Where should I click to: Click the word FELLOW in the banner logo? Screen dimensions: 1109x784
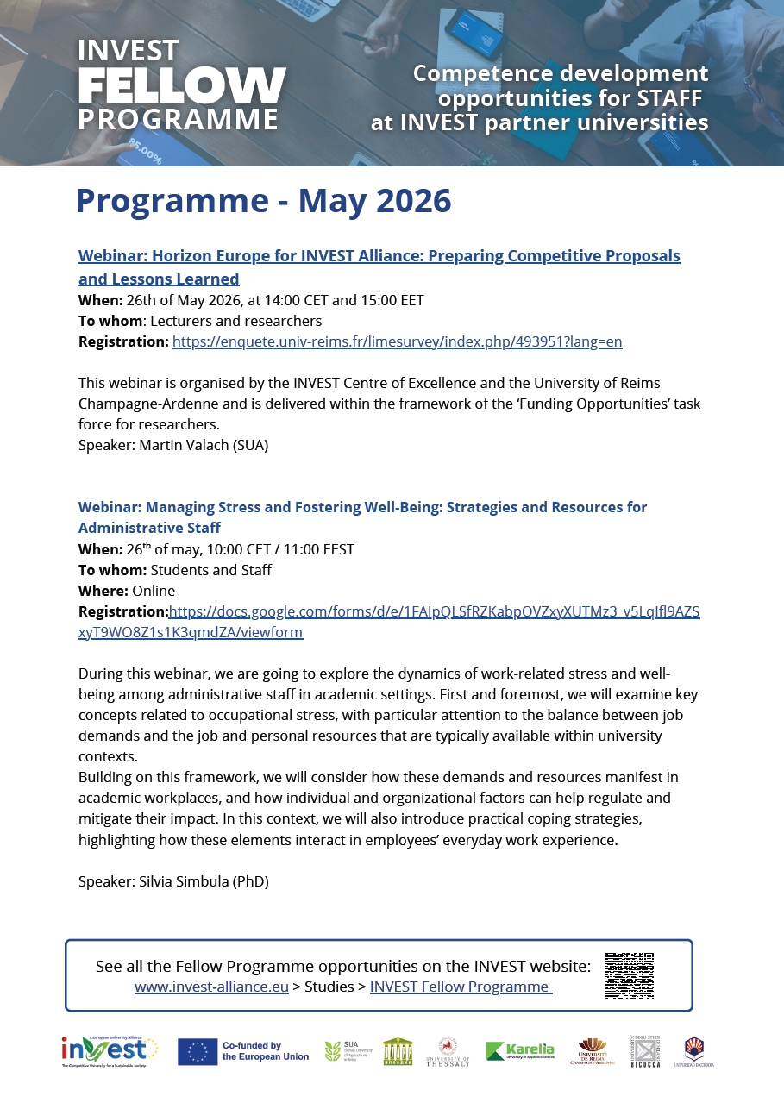[182, 85]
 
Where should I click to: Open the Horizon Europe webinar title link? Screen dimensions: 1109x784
[379, 256]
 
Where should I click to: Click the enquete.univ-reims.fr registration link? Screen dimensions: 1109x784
[397, 341]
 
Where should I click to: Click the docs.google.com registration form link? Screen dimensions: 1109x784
[434, 612]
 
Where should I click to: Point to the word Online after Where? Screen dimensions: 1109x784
[154, 591]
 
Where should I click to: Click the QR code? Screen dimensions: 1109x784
[629, 976]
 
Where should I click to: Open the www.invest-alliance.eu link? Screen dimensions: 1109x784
[211, 987]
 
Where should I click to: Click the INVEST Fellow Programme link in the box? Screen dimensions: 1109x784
[461, 987]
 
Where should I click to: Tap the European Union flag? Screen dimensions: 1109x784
[197, 1051]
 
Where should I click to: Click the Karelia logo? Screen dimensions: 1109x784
[519, 1050]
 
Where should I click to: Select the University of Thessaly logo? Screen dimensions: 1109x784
[448, 1051]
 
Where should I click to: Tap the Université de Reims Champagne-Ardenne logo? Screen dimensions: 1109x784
[592, 1050]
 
